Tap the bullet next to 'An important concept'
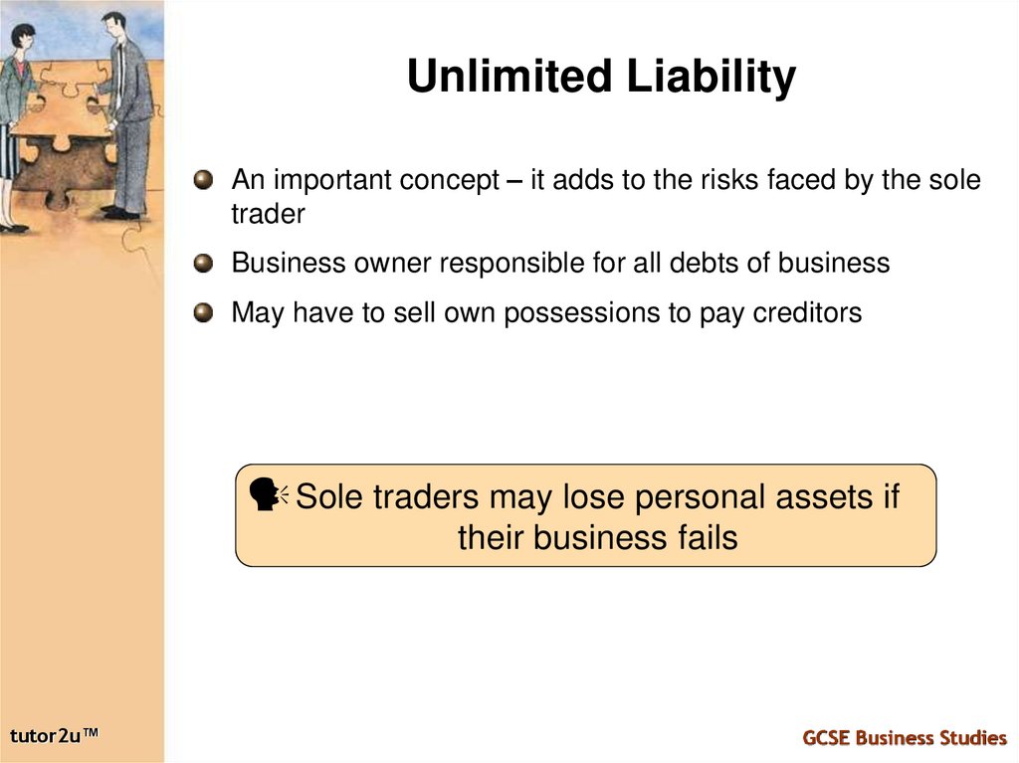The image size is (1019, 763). point(204,180)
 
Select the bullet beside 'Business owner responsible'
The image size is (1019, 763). point(204,264)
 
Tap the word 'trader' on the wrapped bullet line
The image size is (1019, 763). point(268,214)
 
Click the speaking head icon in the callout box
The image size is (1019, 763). point(266,494)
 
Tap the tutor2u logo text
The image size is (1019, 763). point(55,735)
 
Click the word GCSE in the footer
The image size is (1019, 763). point(826,737)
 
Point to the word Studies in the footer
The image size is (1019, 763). point(971,737)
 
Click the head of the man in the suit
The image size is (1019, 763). point(114,24)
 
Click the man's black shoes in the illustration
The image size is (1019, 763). point(120,212)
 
